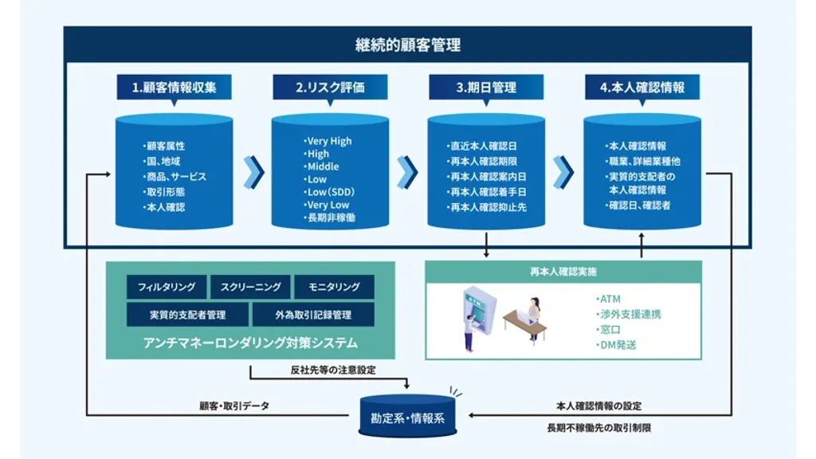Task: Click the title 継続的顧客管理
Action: click(407, 45)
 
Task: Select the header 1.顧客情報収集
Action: click(174, 88)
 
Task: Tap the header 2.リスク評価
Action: click(330, 88)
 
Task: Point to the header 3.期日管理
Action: click(486, 88)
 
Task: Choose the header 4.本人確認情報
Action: click(641, 88)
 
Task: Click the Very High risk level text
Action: click(328, 141)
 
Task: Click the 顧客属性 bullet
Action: click(165, 147)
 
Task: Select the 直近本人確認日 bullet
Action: click(483, 147)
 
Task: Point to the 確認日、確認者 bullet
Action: click(639, 206)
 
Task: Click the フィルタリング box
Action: click(167, 287)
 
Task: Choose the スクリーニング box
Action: click(250, 287)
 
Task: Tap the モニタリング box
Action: click(334, 287)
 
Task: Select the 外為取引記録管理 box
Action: click(313, 315)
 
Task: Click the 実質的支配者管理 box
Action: click(187, 315)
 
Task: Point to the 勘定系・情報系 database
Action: click(407, 416)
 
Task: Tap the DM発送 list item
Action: click(618, 345)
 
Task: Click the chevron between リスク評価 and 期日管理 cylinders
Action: click(408, 171)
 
